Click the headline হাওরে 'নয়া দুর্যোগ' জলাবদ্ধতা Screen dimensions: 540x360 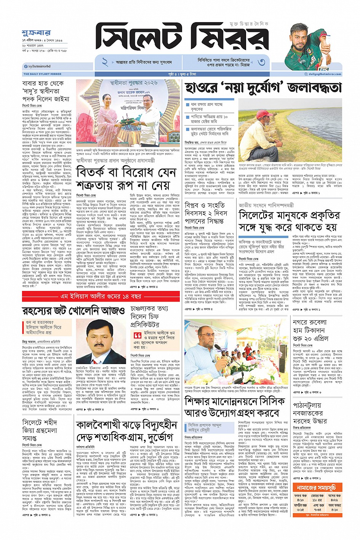[x=263, y=88]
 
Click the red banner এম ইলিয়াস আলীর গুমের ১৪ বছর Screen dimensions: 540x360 [x=101, y=296]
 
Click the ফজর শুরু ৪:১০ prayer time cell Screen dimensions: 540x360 [x=301, y=498]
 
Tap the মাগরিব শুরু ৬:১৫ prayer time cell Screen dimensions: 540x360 [x=301, y=508]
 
